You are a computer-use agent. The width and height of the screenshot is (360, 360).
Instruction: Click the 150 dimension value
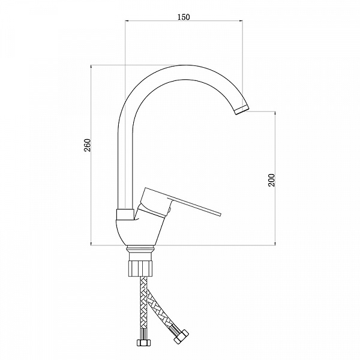pyautogui.click(x=184, y=17)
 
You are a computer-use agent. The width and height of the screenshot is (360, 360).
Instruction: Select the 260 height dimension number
pyautogui.click(x=88, y=145)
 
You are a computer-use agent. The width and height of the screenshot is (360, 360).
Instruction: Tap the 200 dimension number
pyautogui.click(x=271, y=180)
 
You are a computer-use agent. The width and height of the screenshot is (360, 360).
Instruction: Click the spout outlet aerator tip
pyautogui.click(x=242, y=110)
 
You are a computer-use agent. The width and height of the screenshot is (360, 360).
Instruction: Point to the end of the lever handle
pyautogui.click(x=220, y=214)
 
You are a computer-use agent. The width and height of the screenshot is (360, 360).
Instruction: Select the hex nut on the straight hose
pyautogui.click(x=144, y=343)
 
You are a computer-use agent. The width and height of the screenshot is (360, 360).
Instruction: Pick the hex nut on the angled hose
pyautogui.click(x=181, y=337)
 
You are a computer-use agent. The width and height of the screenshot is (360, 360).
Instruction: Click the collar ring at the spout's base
pyautogui.click(x=125, y=215)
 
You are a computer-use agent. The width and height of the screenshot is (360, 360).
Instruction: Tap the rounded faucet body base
pyautogui.click(x=137, y=233)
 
